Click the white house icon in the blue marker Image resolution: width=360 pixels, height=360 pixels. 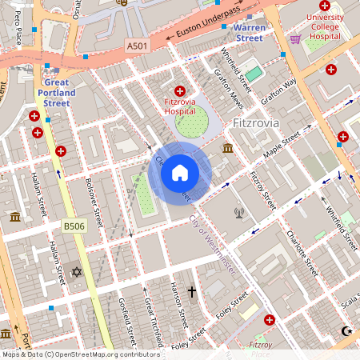tap(180, 173)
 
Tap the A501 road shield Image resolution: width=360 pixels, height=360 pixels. tap(138, 48)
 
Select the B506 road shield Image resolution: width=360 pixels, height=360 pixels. tap(74, 227)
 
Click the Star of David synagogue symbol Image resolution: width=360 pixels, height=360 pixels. tap(78, 272)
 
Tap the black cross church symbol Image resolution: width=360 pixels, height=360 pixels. tap(191, 292)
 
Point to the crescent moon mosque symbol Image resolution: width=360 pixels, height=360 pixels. tap(346, 330)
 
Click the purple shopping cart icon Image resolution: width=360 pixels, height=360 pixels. tap(295, 38)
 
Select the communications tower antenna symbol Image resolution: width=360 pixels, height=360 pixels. tap(238, 213)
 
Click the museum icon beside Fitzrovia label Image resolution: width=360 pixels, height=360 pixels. tap(228, 149)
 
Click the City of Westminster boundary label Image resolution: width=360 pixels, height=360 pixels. tap(213, 245)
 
